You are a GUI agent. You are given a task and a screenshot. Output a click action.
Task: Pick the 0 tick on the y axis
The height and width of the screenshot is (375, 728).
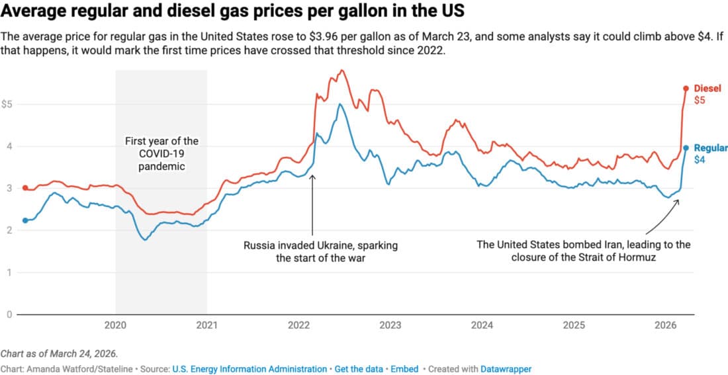pos(9,314)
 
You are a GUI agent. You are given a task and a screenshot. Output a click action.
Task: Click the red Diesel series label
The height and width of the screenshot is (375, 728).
pos(707,89)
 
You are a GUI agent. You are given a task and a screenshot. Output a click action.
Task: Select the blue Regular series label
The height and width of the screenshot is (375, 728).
pos(711,148)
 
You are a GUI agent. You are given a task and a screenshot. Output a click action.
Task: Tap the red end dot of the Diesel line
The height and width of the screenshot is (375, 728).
pos(686,89)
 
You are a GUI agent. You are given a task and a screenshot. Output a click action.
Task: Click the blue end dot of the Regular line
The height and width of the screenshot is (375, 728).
pos(686,148)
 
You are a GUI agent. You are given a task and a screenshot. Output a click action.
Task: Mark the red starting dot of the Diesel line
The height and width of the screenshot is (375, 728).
pos(25,188)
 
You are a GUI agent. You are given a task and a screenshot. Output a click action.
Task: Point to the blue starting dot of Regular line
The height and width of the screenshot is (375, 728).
pos(25,220)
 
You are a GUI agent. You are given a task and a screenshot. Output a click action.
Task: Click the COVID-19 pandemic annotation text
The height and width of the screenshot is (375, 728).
pos(161,153)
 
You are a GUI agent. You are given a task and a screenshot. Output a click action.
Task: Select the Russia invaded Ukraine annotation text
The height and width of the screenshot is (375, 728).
pos(320,251)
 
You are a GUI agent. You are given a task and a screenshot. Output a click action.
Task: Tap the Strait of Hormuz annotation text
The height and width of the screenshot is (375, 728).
pos(583,251)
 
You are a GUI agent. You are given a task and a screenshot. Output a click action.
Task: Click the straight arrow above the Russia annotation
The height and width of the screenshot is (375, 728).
pos(312,205)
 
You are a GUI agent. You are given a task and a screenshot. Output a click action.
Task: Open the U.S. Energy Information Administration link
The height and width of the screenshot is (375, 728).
pos(250,368)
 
